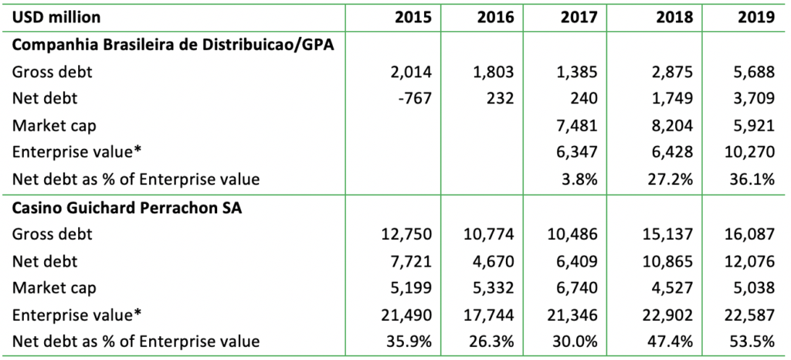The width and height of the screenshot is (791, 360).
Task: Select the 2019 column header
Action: click(755, 16)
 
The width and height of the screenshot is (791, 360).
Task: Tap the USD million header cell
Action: click(56, 16)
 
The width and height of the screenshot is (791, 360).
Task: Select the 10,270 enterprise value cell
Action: click(749, 153)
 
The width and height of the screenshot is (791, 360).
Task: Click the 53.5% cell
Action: click(754, 341)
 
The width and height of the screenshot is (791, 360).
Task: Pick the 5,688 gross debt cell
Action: click(753, 72)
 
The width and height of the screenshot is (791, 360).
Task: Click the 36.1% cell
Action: click(754, 180)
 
